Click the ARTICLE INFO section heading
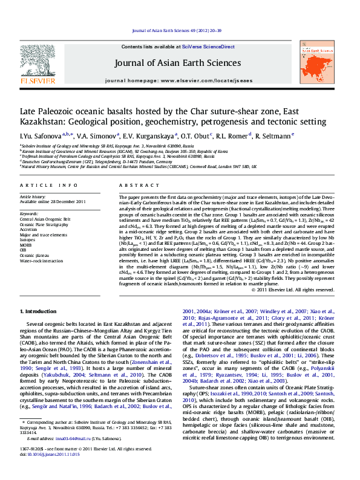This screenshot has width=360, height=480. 49,184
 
